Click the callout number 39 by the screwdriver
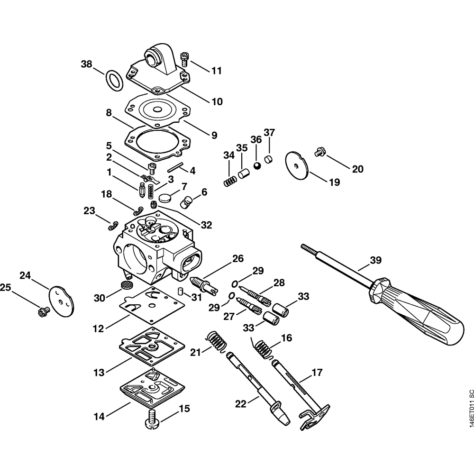pyautogui.click(x=375, y=260)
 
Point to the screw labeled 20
pyautogui.click(x=319, y=152)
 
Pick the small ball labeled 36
pyautogui.click(x=256, y=166)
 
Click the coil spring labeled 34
pyautogui.click(x=229, y=181)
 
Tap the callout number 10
pyautogui.click(x=216, y=101)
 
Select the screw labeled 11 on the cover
pyautogui.click(x=185, y=60)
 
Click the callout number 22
pyautogui.click(x=241, y=403)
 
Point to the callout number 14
pyautogui.click(x=99, y=417)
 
